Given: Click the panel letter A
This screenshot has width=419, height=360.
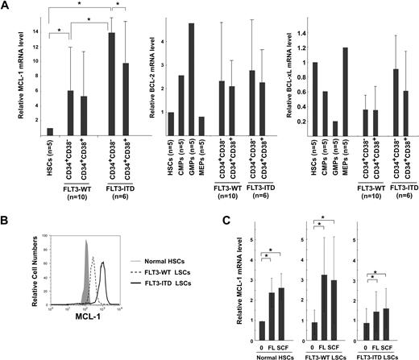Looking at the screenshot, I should coord(6,7).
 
